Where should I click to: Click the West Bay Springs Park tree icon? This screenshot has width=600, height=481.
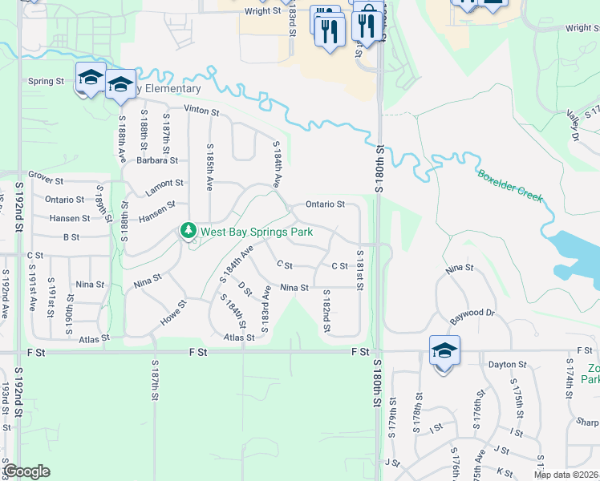pos(189,232)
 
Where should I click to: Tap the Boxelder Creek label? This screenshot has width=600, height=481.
pos(510,186)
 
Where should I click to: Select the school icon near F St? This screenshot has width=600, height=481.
pos(444,350)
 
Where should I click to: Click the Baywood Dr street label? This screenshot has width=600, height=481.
pos(472,312)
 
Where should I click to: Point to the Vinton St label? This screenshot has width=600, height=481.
pos(201,110)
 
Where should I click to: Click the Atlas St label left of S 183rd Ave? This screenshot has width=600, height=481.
pos(239,338)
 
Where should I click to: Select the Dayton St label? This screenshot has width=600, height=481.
pos(506,364)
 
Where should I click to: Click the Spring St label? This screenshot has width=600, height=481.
pos(46,81)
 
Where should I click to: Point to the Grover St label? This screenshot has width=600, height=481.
pos(46,174)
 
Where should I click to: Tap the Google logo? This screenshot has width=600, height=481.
pos(26,471)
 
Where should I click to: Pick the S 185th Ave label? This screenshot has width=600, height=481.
pos(210,167)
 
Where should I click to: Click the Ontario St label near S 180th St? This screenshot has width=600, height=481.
pos(324,204)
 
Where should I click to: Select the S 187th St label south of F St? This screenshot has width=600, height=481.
pos(155,380)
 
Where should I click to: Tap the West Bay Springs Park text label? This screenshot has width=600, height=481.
pos(256,232)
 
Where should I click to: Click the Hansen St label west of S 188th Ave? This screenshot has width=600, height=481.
pos(69,218)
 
